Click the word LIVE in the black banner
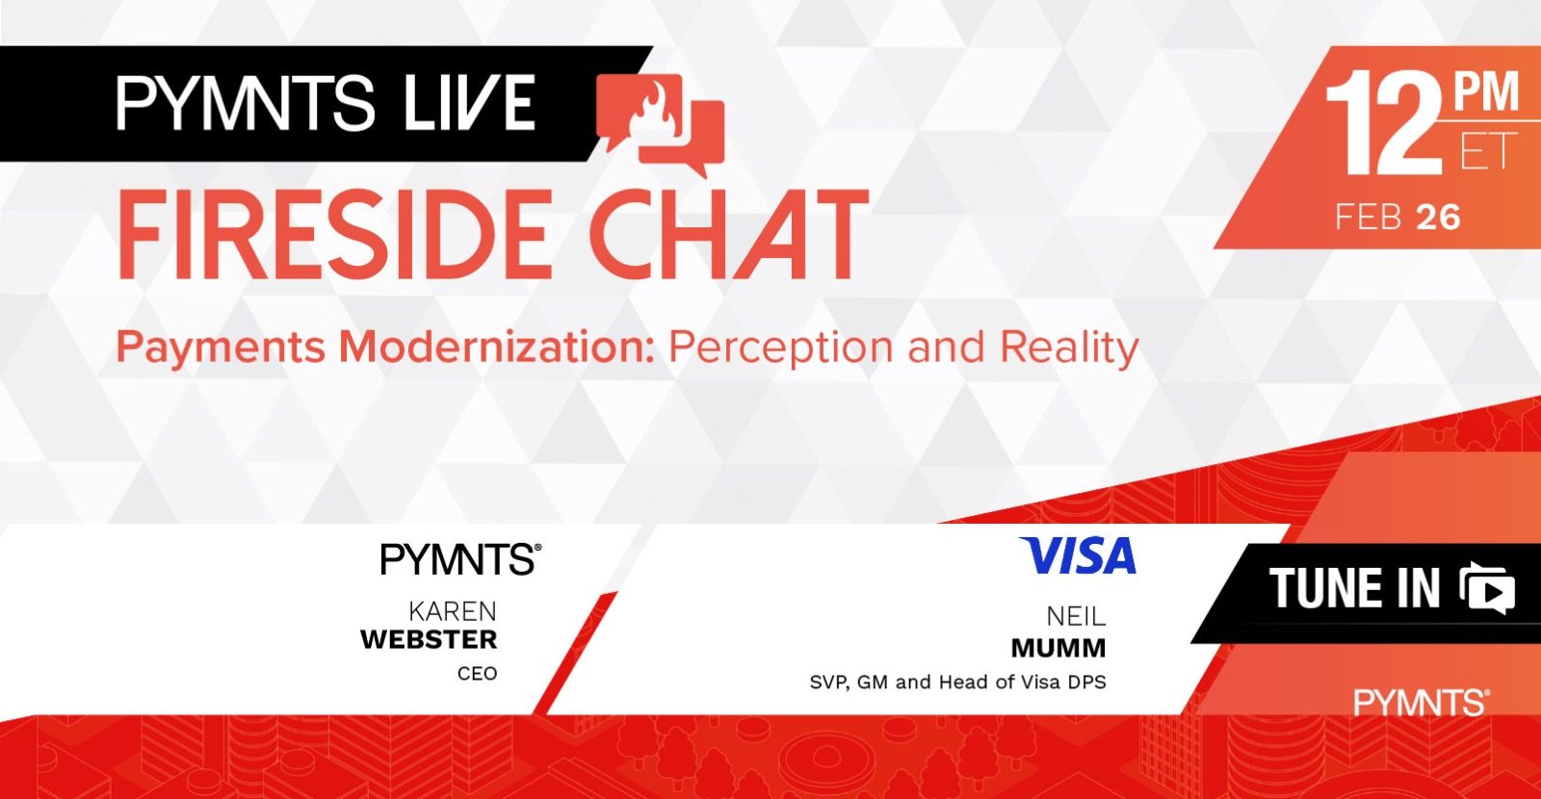pos(470,102)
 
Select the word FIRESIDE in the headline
pos(335,235)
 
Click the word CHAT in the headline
pos(729,235)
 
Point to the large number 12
pos(1384,123)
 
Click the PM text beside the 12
pos(1485,92)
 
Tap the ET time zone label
pos(1488,151)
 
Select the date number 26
pos(1439,218)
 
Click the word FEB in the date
pos(1369,218)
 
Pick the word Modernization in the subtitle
pos(496,347)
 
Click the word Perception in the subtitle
pos(780,348)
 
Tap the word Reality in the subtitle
pos(1069,348)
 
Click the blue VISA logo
pos(1078,555)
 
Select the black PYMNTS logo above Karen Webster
pos(461,558)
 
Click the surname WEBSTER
pos(429,640)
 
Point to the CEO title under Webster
pos(478,673)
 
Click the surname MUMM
pos(1058,648)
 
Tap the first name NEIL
pos(1076,617)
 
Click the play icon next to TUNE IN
pos(1487,588)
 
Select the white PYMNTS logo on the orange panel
pos(1422,703)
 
